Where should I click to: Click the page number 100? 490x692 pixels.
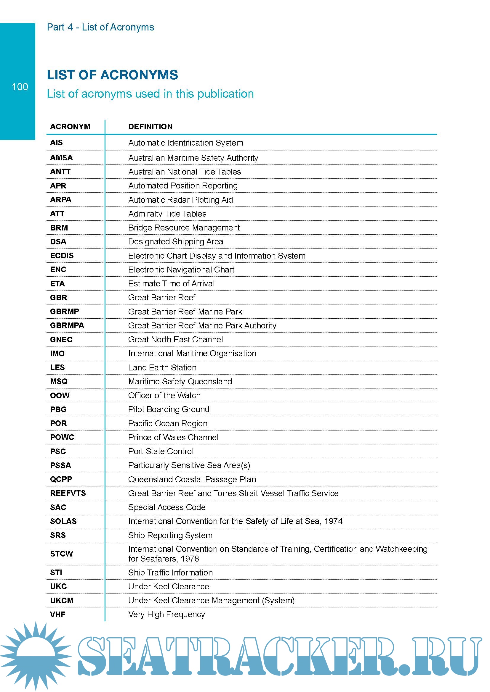click(20, 87)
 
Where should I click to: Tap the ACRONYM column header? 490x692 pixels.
click(70, 127)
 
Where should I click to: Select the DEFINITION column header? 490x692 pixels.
click(150, 127)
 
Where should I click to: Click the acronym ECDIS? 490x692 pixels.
click(62, 256)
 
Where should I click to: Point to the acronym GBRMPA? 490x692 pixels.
click(67, 325)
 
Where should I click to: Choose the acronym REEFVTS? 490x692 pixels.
click(68, 493)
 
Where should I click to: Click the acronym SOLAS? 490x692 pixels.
click(63, 521)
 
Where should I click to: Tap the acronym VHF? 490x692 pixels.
click(58, 614)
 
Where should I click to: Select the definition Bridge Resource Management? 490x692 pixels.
click(184, 228)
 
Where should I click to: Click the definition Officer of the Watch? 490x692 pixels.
click(164, 396)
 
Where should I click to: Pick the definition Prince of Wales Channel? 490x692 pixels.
click(173, 437)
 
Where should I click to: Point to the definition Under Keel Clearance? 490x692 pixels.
click(168, 586)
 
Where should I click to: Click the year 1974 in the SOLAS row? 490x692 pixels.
click(333, 521)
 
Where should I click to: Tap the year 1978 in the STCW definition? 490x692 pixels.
click(190, 559)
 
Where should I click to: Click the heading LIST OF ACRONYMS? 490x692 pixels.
click(112, 75)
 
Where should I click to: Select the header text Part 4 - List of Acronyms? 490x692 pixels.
click(100, 27)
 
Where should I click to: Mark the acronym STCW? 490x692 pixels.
click(62, 554)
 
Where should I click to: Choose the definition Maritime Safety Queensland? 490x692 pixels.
click(180, 382)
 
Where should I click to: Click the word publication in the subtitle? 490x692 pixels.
click(225, 94)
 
